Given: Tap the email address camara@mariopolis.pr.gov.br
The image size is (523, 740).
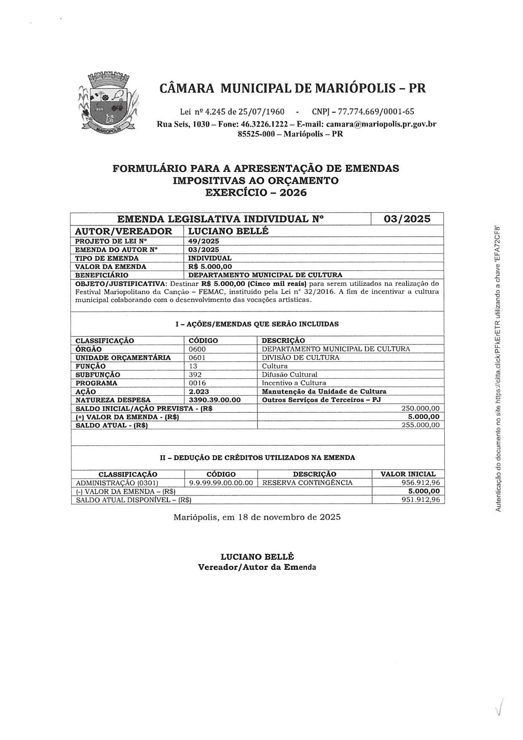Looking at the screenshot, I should tap(381, 124).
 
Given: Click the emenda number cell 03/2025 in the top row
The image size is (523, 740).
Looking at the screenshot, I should tap(407, 219).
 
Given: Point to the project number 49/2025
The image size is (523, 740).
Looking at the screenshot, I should tap(204, 241).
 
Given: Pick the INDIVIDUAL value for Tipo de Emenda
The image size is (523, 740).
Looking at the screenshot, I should tap(210, 258).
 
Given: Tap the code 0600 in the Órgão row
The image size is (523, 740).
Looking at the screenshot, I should tap(197, 349).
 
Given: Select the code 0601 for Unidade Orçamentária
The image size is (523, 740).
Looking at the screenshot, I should tap(197, 357).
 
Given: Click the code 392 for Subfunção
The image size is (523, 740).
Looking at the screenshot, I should tap(195, 374).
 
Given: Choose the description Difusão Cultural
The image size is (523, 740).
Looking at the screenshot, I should tap(289, 374).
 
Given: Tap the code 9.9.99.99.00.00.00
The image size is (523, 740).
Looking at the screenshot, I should tap(221, 483).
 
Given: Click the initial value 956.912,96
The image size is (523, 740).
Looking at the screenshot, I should tap(420, 483).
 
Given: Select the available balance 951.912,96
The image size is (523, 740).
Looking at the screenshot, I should tap(420, 500).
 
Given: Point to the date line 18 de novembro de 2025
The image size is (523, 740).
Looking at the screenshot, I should tap(257, 517).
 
